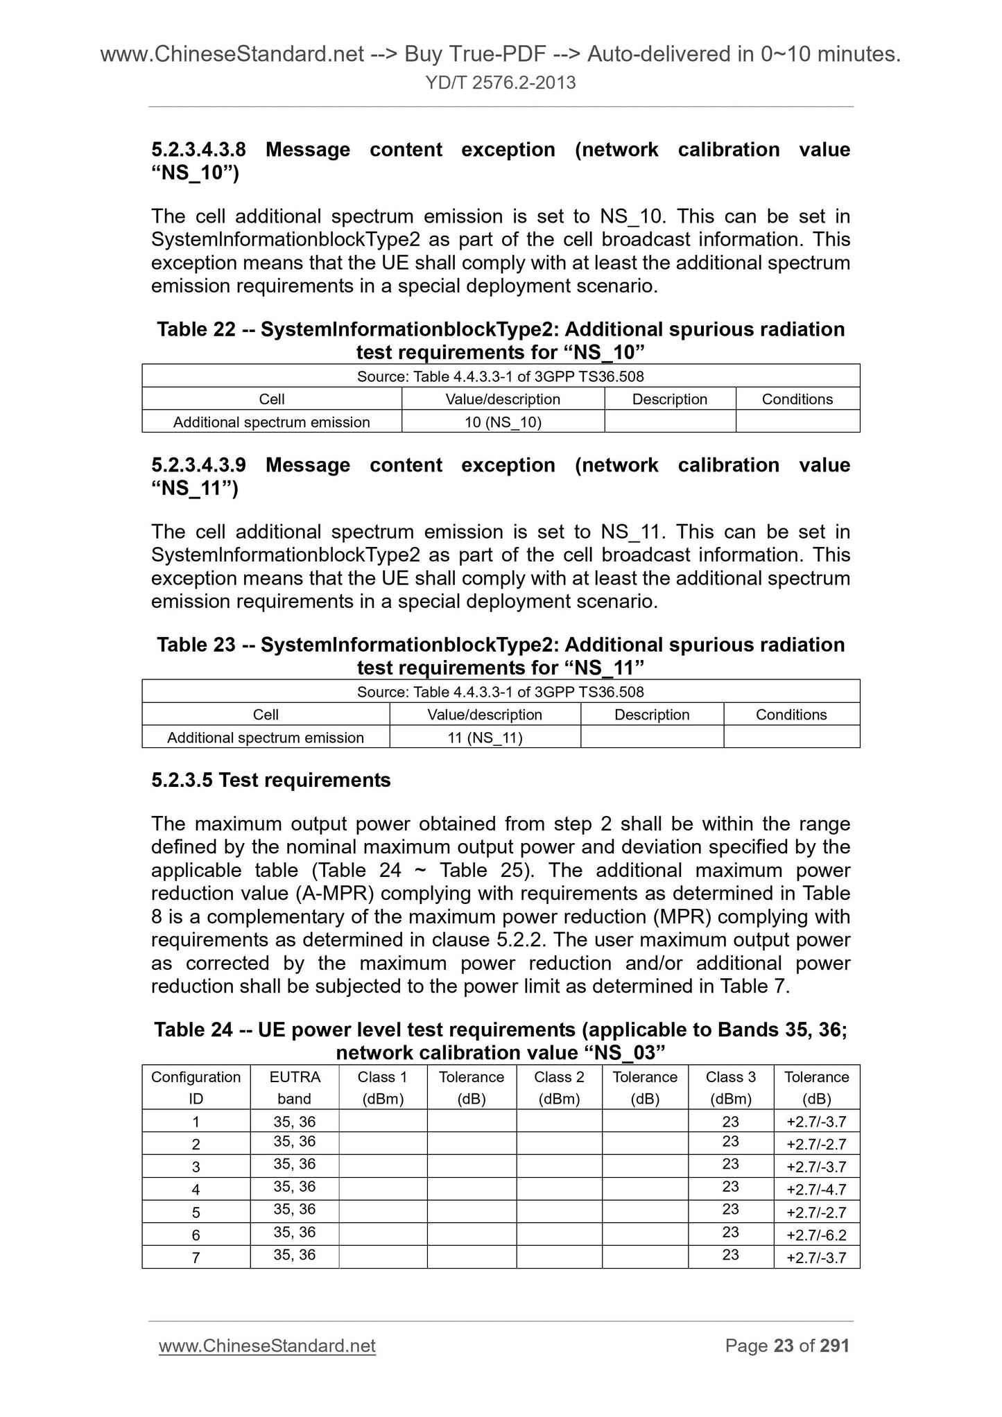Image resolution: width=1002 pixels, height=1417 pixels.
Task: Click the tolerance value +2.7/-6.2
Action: (816, 1235)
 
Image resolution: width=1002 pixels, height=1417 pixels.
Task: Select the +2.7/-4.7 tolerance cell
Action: (816, 1190)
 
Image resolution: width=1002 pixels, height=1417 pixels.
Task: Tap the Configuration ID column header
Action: (196, 1087)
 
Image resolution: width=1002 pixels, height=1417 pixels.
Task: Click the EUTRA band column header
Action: (294, 1087)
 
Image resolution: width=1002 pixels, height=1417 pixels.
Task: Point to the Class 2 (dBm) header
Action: (559, 1087)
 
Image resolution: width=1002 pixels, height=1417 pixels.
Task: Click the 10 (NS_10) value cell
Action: (503, 421)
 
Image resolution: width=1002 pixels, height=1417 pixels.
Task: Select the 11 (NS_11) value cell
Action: (485, 738)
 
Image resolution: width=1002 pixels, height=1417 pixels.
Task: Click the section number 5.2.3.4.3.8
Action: (198, 150)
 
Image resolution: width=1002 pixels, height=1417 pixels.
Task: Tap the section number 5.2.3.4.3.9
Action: (198, 465)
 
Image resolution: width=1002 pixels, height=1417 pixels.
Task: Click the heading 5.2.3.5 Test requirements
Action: (270, 780)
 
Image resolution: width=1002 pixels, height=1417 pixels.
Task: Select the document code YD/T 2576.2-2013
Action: (501, 83)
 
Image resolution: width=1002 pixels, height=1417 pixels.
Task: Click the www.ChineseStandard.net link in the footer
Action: (267, 1346)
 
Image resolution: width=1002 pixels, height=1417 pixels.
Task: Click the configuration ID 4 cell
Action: (196, 1190)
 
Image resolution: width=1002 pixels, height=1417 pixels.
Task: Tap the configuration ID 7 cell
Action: (196, 1258)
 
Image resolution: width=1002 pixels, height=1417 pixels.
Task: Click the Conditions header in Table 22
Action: (797, 399)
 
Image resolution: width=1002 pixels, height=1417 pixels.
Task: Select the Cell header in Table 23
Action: (266, 715)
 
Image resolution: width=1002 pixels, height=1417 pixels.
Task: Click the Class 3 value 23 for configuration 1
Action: (730, 1122)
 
